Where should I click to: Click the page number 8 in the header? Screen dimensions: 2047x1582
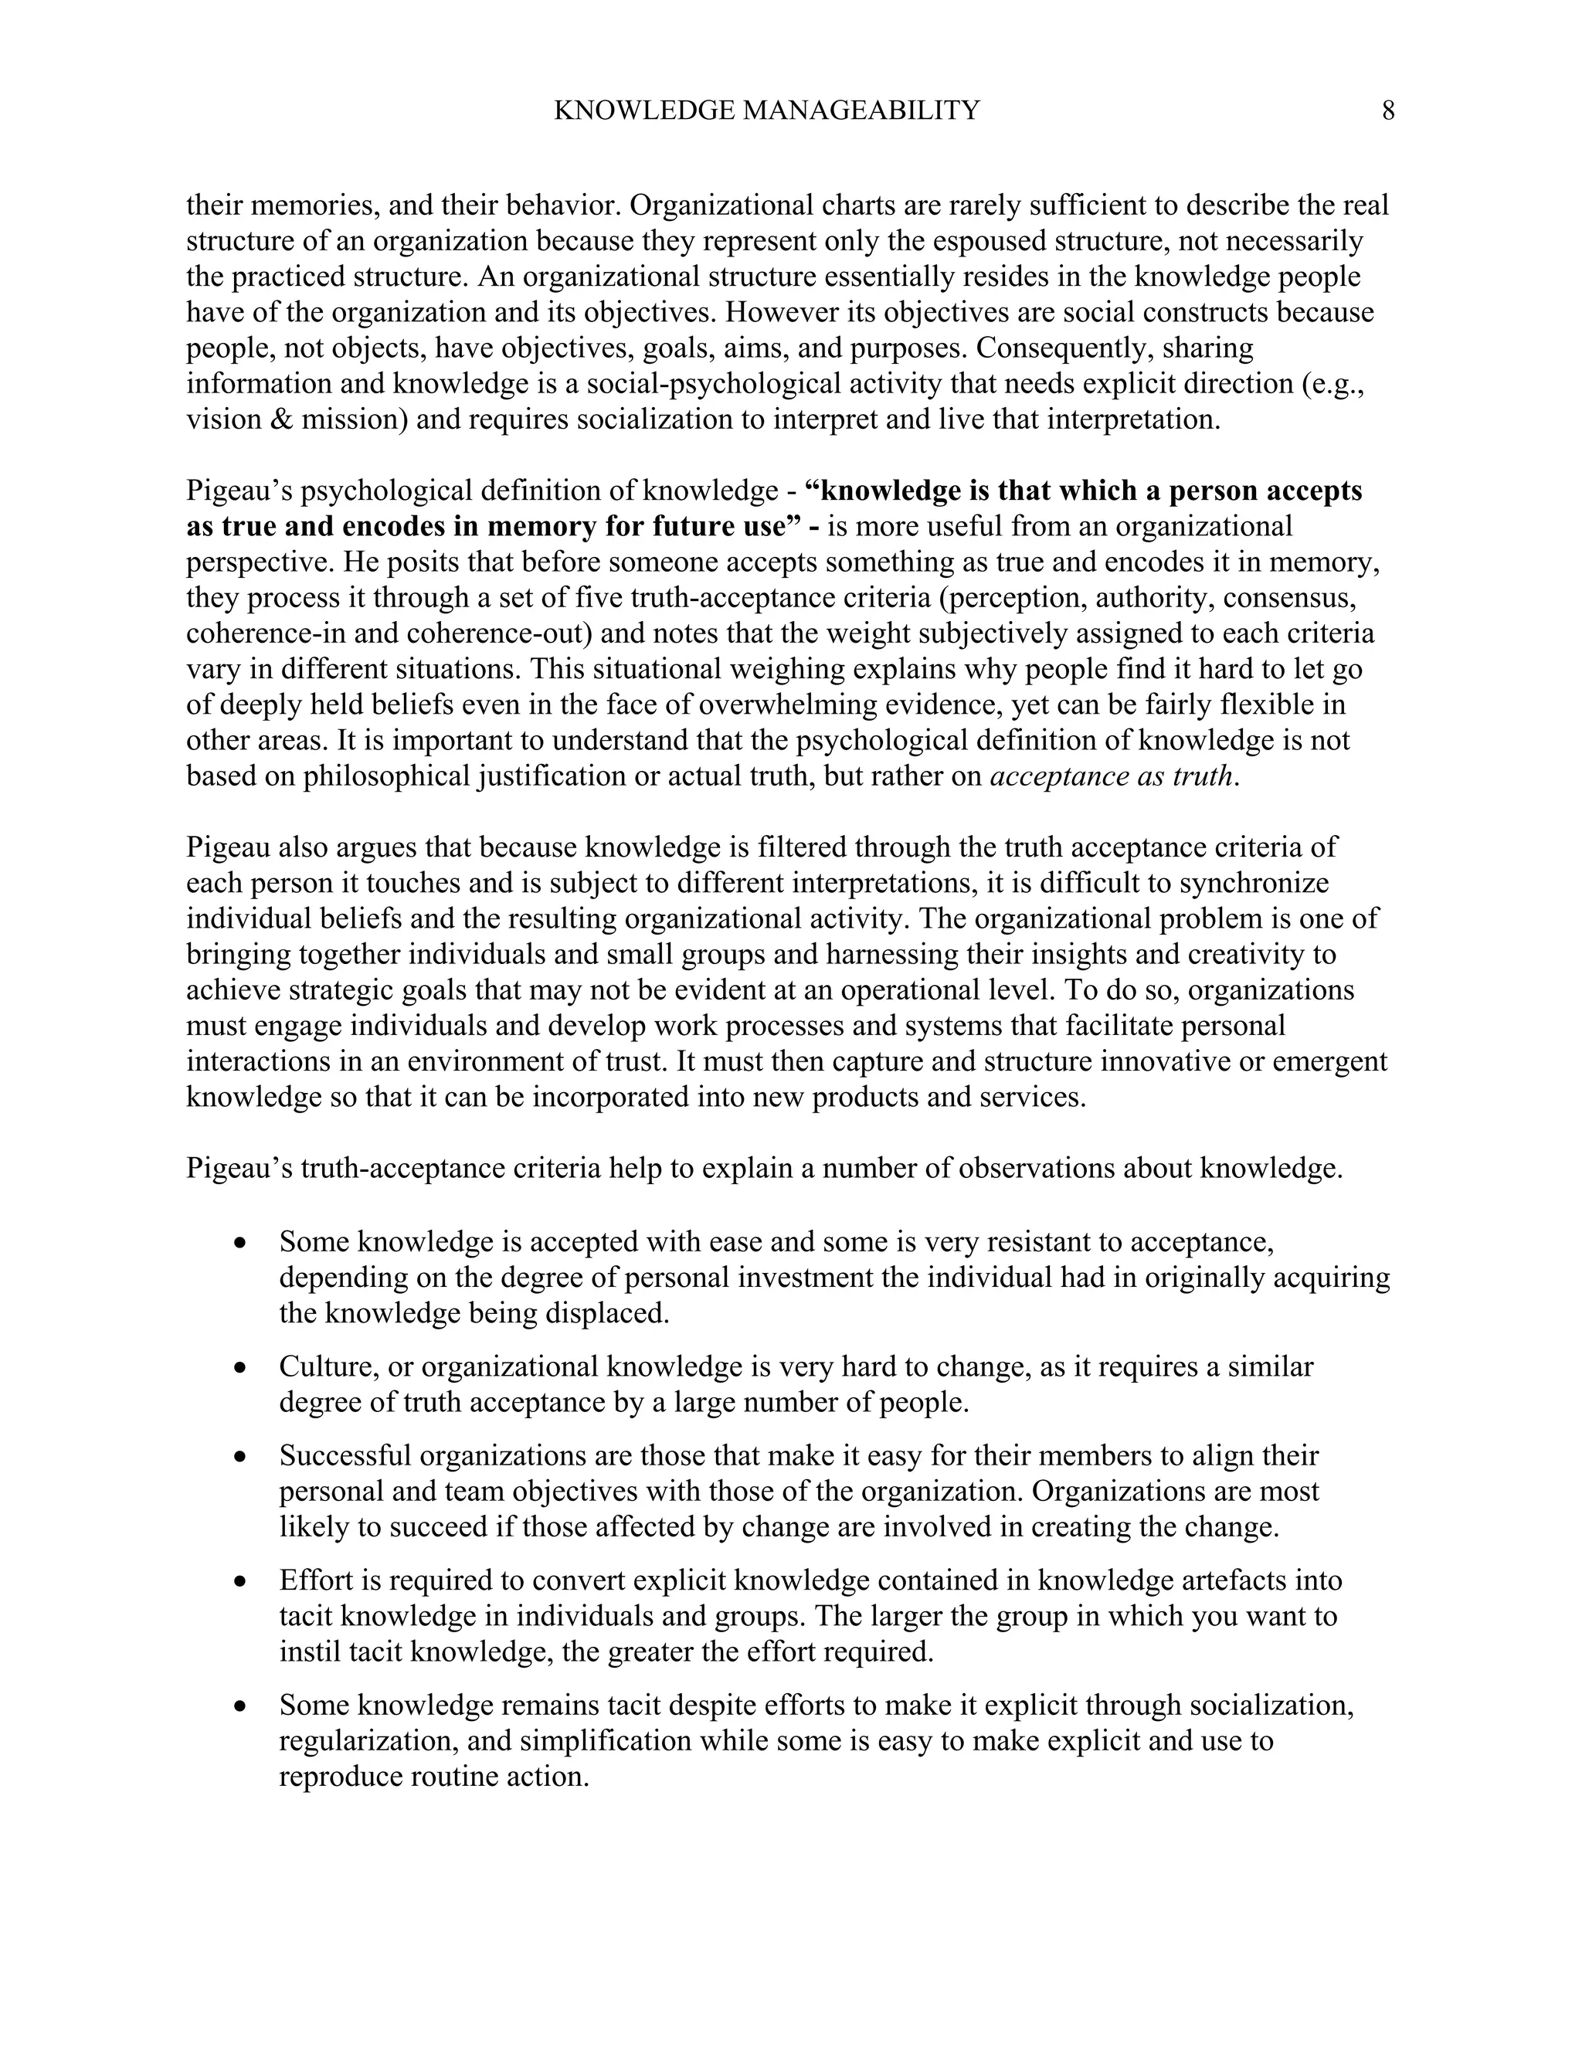[x=1388, y=111]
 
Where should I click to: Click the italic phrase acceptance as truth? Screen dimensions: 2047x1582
[x=1111, y=776]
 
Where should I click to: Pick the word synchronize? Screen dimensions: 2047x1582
[x=1254, y=883]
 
